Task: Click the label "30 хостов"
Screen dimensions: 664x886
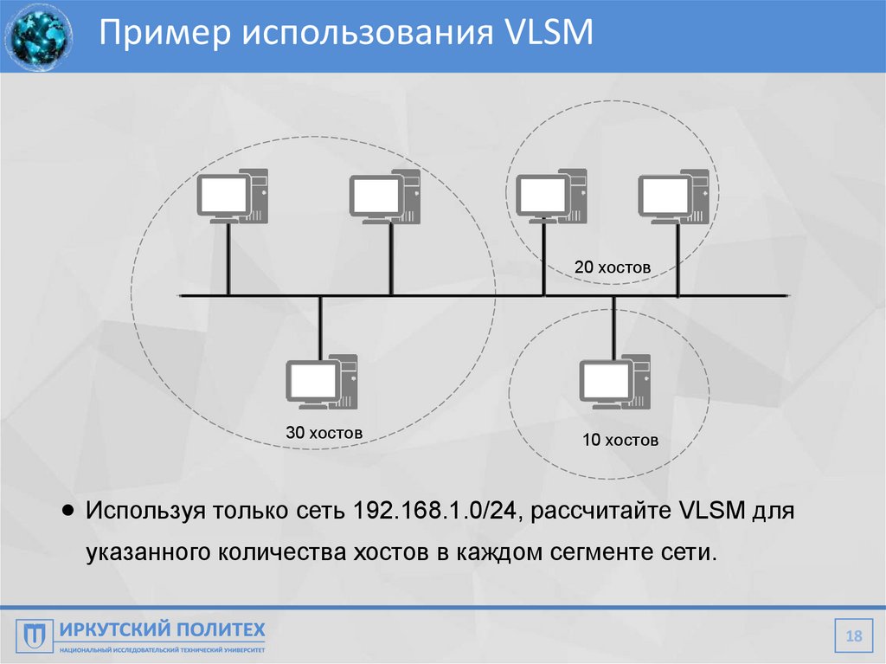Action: point(324,432)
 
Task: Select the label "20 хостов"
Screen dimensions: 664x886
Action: point(612,268)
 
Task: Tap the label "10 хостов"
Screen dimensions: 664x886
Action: point(620,440)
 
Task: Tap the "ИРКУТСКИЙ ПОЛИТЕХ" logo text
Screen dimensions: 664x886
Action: point(162,629)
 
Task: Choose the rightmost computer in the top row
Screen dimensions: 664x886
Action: point(673,197)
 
